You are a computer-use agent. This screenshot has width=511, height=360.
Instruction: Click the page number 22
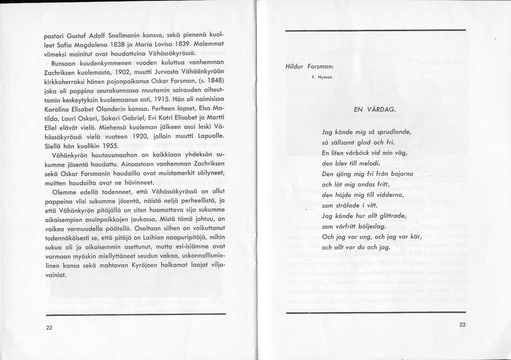click(x=49, y=328)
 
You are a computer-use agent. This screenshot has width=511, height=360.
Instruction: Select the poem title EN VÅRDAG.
click(x=374, y=109)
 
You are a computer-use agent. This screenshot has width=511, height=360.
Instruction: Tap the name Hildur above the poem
click(x=295, y=67)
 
